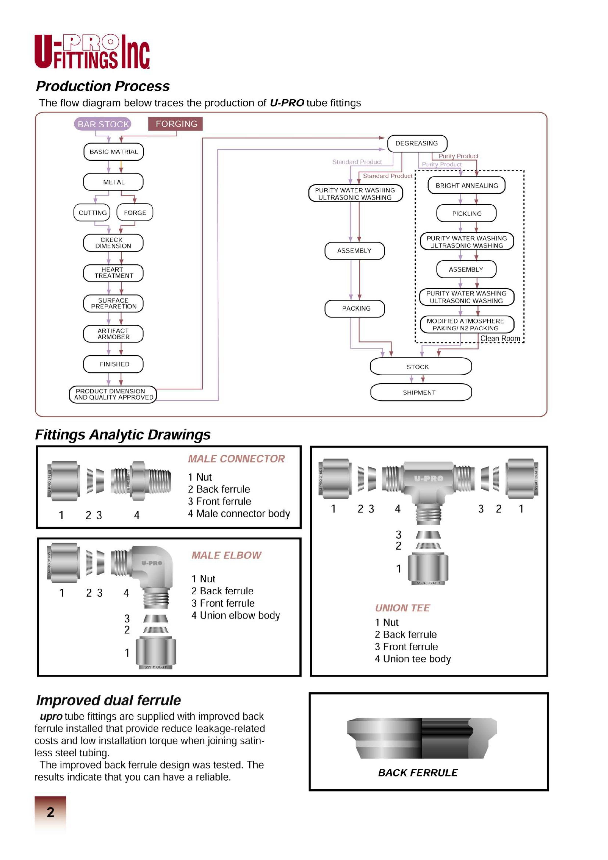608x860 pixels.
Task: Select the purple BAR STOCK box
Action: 103,124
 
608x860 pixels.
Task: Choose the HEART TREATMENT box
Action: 113,273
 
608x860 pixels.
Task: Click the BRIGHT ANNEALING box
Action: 466,185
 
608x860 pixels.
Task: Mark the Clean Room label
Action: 500,338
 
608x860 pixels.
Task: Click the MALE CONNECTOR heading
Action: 236,459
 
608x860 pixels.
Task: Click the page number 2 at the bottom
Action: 51,812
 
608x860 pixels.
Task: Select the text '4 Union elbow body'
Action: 236,615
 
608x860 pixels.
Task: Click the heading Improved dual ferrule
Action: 108,700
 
